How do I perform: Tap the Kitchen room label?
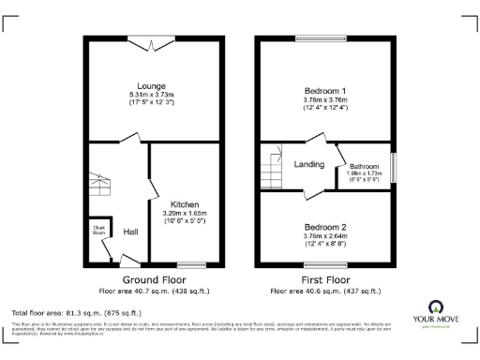coord(184,203)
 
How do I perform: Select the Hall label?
coord(131,232)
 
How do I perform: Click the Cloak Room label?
coord(98,228)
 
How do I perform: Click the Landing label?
coord(309,165)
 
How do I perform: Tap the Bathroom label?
coord(364,164)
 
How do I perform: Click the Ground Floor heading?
coord(155,279)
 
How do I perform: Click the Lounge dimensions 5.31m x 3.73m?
coord(155,96)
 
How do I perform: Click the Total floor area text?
coord(76,311)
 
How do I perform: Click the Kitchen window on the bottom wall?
coord(191,263)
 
